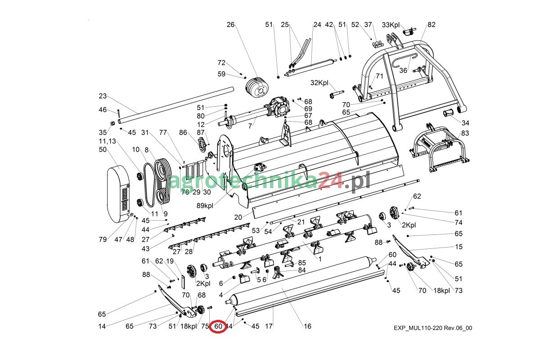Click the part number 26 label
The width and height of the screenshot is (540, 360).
pos(231,25)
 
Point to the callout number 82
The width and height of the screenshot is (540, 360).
pos(432,25)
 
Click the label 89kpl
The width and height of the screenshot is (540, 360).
pos(205,206)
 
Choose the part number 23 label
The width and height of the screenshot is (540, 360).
pos(103,96)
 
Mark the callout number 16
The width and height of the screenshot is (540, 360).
pos(307,326)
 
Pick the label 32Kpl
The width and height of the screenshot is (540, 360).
pos(320,83)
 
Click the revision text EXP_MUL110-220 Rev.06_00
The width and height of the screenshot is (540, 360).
pos(432,328)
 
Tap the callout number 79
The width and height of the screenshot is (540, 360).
pos(103,239)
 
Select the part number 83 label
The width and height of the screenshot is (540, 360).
pos(465,133)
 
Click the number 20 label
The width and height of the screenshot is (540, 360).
pos(238,217)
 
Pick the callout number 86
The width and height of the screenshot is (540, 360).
pos(183,132)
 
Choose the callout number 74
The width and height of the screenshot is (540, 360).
pos(459,222)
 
